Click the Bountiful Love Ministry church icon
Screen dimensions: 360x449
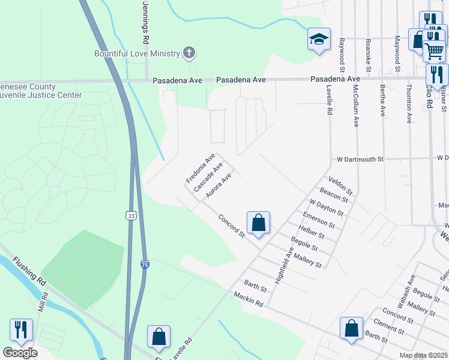(189, 53)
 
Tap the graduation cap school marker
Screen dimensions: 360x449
(319, 40)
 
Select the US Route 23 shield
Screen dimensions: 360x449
(130, 215)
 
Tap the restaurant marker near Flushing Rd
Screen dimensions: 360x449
(21, 329)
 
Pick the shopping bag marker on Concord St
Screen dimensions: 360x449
(258, 223)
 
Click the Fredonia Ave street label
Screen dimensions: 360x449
(200, 169)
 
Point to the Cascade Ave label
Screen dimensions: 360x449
(208, 176)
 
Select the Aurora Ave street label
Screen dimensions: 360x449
(218, 186)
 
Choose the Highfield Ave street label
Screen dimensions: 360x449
(284, 266)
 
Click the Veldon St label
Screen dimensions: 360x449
(340, 184)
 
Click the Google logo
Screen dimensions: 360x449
(20, 352)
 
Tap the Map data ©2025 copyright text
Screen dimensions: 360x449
(423, 355)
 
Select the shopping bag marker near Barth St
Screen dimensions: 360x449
(351, 328)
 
